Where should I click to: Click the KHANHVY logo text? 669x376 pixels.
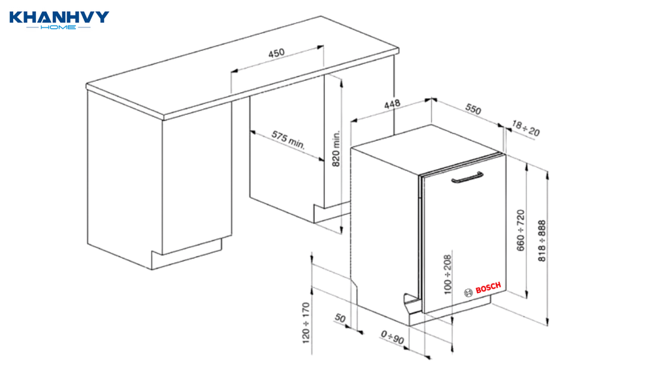59,17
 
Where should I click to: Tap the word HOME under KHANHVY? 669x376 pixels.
58,27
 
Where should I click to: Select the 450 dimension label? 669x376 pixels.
276,54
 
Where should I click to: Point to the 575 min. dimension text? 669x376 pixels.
288,140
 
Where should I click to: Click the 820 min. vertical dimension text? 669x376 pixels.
336,148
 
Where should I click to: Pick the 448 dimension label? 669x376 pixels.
392,104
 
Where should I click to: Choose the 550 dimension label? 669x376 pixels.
473,109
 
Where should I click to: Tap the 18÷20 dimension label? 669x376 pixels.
526,129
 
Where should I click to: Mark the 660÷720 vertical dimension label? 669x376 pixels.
521,230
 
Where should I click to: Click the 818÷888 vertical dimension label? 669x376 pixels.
542,241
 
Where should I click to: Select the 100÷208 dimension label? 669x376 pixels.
447,275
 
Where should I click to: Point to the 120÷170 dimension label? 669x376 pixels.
306,322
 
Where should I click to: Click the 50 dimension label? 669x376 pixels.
340,318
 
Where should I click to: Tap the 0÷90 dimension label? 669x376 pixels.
393,337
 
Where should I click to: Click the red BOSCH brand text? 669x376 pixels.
488,288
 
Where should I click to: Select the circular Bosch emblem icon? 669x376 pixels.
468,292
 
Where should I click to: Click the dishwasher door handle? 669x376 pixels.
467,178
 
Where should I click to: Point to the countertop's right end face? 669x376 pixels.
397,51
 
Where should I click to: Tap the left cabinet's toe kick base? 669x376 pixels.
187,254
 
